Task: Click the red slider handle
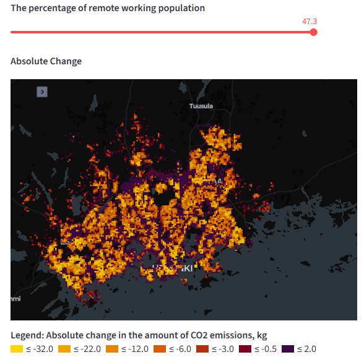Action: [313, 32]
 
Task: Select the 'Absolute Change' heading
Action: [46, 61]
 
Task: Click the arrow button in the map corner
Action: [42, 92]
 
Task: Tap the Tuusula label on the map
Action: [201, 106]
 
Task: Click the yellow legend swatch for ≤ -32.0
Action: [17, 349]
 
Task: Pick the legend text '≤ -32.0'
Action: [40, 349]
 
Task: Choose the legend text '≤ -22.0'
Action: [87, 349]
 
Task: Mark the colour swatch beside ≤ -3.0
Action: [202, 349]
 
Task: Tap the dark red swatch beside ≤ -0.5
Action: [245, 349]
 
